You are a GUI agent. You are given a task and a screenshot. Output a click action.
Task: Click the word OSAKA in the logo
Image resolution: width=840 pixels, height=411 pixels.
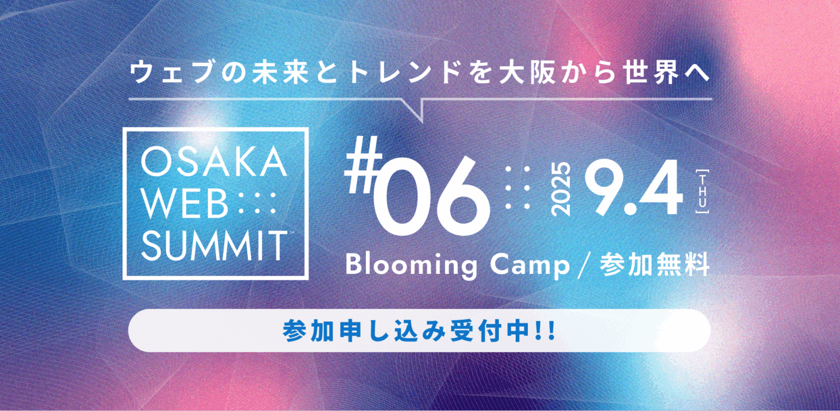(214, 163)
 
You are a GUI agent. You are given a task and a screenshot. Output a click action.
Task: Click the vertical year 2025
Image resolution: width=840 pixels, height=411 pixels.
(562, 189)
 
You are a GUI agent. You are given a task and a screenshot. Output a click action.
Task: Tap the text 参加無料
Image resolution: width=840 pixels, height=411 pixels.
(655, 266)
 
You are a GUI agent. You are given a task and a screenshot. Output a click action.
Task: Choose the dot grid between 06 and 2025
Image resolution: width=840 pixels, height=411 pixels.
(518, 189)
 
